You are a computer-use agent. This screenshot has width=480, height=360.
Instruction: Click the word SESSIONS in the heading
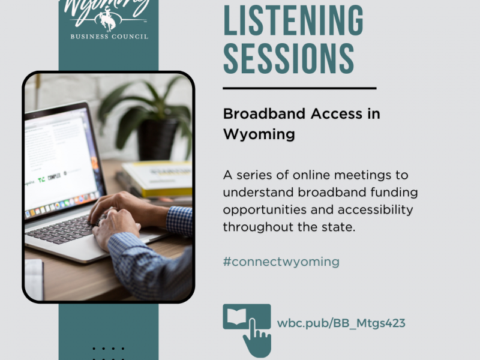click(x=289, y=58)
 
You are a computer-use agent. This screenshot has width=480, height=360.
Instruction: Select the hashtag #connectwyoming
click(x=281, y=262)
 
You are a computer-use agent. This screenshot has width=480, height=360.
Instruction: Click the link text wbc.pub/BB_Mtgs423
click(x=341, y=323)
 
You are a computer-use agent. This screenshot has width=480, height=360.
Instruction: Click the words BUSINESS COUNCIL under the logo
click(x=109, y=36)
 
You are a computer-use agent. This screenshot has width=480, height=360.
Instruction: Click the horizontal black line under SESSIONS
click(x=299, y=88)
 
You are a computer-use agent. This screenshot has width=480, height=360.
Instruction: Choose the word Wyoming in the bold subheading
click(x=259, y=134)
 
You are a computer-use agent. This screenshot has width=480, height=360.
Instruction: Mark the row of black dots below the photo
click(x=109, y=349)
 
